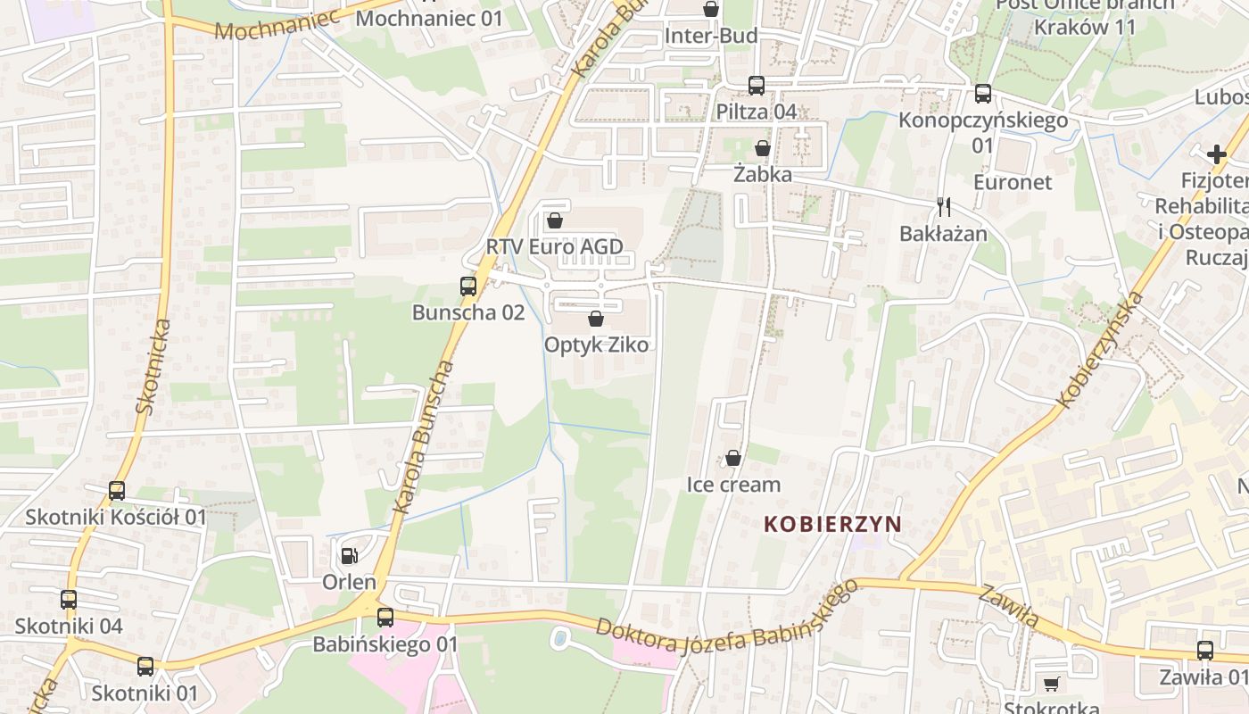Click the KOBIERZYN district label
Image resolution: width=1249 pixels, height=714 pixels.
coord(832,524)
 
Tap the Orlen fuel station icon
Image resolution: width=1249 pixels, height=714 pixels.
coord(350,556)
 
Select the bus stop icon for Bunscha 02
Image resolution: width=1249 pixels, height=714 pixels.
coord(468,286)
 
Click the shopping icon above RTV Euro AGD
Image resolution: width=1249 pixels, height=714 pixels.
coord(555,220)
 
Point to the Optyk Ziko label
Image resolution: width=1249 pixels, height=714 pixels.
coord(596,345)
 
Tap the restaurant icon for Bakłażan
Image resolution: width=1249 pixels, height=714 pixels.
coord(944,207)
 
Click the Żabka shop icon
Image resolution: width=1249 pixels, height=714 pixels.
coord(763,148)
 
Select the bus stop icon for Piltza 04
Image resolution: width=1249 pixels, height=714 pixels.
coord(757,86)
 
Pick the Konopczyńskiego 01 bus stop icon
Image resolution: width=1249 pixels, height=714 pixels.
coord(983,93)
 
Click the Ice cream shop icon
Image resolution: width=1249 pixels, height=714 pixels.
coord(733,458)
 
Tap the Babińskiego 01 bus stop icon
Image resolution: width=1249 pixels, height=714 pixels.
coord(385,617)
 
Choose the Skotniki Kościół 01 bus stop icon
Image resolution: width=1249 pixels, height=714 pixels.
coord(117,490)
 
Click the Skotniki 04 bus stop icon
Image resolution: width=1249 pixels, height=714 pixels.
coord(69,599)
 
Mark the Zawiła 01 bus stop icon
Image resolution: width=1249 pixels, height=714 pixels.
coord(1205,651)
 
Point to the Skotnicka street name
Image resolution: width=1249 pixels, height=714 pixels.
coord(153,366)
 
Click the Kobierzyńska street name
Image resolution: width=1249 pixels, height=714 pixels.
coord(1100,350)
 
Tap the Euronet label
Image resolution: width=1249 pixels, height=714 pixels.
coord(1013,182)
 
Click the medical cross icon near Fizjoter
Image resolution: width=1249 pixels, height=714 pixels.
coord(1216,154)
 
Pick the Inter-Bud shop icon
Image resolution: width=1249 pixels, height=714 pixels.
coord(711,10)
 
